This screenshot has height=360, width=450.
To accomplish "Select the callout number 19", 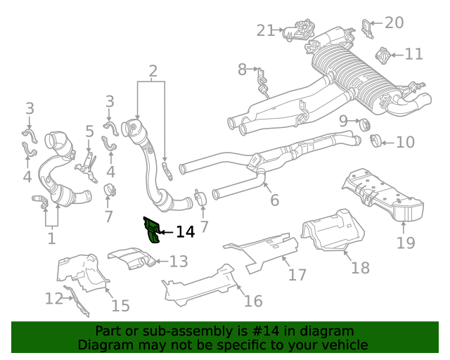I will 405,243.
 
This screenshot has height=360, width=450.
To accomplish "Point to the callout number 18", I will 360,268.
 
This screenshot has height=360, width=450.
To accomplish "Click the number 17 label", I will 297,274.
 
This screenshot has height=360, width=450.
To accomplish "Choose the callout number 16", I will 252,301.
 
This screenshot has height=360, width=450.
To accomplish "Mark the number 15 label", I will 120,305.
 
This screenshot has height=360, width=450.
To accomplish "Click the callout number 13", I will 179,262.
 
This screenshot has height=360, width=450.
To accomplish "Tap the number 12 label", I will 54,299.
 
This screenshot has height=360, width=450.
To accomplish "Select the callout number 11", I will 413,53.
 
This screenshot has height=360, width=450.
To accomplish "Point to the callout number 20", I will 394,22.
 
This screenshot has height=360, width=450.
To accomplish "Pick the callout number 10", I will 405,143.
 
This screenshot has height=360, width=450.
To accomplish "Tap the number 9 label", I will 344,121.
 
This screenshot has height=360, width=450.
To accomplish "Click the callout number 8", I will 242,69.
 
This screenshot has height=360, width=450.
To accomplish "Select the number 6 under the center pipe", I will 274,200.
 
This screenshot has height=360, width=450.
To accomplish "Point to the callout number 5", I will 89,131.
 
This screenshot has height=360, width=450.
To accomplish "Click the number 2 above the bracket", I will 153,70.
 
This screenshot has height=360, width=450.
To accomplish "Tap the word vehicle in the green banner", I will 344,345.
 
